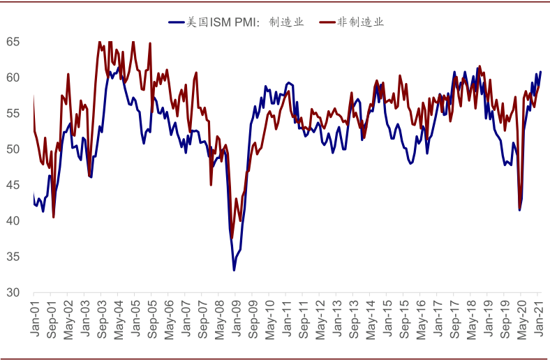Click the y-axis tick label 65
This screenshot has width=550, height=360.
pos(13,42)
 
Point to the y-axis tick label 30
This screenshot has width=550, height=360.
pos(13,292)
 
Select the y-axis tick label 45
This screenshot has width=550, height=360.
pos(13,185)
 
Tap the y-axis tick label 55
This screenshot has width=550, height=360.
pos(13,113)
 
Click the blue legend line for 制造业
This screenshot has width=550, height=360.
pos(175,22)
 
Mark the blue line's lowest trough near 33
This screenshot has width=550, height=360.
pos(235,270)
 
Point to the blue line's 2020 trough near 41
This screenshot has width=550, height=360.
pos(519,210)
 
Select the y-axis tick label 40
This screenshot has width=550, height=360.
pos(13,220)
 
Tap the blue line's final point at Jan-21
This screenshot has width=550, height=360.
pos(541,72)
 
